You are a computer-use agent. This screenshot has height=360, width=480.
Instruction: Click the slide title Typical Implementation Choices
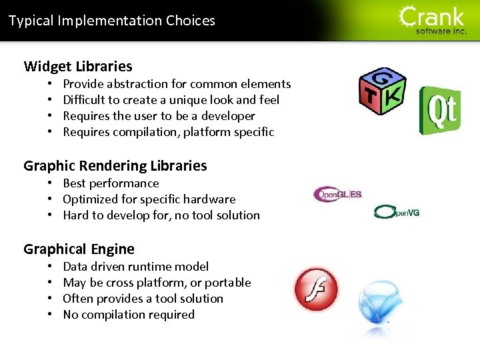112,21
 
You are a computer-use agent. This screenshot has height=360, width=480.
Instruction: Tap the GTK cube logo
382,91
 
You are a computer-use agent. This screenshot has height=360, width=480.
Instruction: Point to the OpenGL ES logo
338,195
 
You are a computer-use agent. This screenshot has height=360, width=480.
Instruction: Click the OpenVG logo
397,212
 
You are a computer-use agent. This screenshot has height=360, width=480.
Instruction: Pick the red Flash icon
317,289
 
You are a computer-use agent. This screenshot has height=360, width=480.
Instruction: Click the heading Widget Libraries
78,67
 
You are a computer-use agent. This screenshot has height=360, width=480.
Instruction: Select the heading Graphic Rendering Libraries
115,166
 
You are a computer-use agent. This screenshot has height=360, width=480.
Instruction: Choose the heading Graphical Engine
79,249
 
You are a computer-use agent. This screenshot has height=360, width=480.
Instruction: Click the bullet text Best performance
111,183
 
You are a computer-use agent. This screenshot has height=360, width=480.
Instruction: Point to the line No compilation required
129,315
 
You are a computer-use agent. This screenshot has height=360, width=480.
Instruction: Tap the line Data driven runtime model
135,267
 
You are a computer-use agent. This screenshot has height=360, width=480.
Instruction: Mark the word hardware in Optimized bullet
210,199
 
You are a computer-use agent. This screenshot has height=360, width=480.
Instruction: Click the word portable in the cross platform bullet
227,283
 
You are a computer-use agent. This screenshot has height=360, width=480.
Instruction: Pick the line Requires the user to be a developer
159,116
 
